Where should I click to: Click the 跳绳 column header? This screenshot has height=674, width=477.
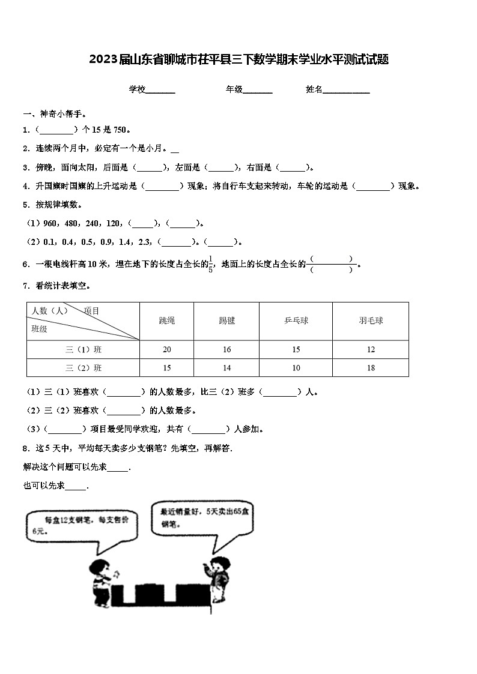(x=167, y=320)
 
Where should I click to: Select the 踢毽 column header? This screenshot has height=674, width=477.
(x=226, y=320)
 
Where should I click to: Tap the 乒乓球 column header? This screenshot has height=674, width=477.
(x=296, y=320)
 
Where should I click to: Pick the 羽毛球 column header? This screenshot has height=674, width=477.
(x=371, y=320)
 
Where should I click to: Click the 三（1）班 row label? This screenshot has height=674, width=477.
(x=84, y=349)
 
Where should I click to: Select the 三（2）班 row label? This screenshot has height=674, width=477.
(x=84, y=367)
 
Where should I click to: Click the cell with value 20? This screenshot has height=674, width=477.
(x=167, y=349)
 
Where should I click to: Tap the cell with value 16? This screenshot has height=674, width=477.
(x=226, y=349)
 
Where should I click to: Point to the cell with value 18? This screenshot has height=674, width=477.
(x=371, y=367)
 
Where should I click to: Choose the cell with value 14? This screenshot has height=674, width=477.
(x=226, y=367)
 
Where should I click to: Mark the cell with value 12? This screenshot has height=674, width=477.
(x=371, y=349)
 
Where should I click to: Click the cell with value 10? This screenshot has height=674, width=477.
(x=296, y=367)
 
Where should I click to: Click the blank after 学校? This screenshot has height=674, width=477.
(x=160, y=90)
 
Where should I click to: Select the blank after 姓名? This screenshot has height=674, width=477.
(x=347, y=90)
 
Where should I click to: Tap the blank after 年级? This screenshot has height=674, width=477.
(x=258, y=90)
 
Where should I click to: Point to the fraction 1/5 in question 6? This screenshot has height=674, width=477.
(x=210, y=265)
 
